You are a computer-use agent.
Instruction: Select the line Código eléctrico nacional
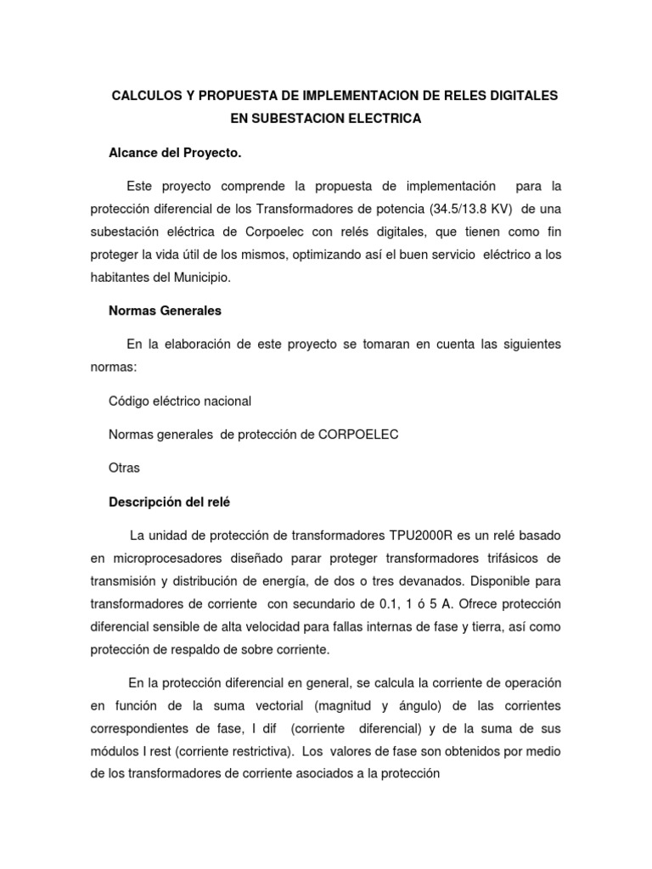(x=180, y=400)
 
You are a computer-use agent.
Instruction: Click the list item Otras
(x=125, y=468)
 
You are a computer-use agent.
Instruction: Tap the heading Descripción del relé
(x=170, y=502)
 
